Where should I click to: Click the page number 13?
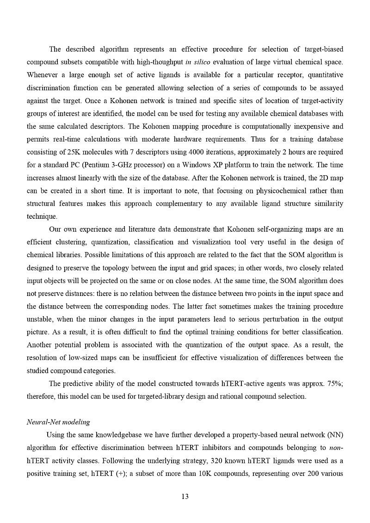(x=185, y=497)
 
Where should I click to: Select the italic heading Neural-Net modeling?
(x=58, y=422)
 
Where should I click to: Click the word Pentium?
(x=110, y=164)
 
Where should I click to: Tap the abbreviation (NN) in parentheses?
(x=334, y=435)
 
